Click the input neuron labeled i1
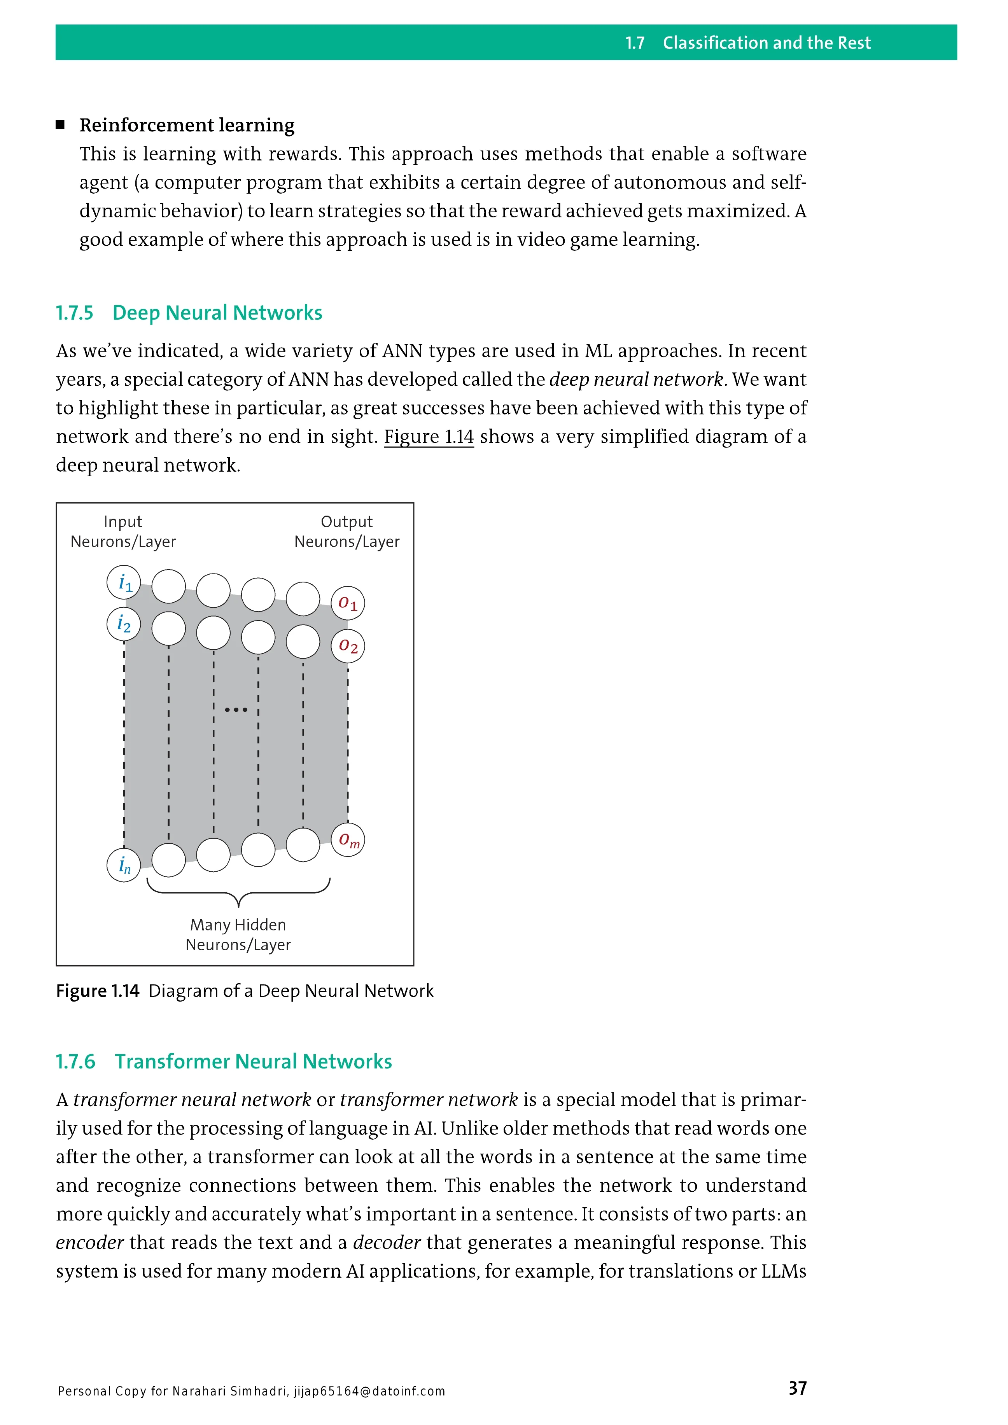(x=124, y=582)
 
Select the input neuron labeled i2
(x=124, y=624)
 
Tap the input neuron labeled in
(x=124, y=865)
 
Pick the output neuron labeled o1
(x=348, y=603)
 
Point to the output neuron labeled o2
(x=348, y=646)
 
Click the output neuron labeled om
(x=348, y=840)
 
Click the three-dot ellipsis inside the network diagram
(x=236, y=710)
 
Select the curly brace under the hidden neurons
(x=238, y=892)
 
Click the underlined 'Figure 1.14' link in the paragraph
(x=428, y=437)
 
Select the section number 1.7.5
(x=75, y=313)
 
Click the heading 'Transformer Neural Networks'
(x=253, y=1062)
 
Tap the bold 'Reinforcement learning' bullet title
(x=187, y=125)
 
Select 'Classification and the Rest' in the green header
(x=766, y=43)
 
